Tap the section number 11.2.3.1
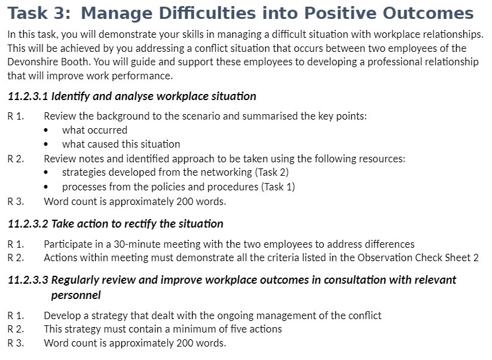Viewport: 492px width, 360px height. tap(28, 96)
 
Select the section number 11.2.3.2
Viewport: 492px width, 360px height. tap(28, 224)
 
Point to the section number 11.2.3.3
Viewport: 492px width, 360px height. tap(28, 280)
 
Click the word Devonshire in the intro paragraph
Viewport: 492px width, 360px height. tap(31, 62)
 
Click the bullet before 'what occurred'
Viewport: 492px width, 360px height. tap(49, 130)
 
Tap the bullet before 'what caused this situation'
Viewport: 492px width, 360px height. tap(49, 145)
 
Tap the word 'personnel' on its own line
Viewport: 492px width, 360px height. tap(76, 295)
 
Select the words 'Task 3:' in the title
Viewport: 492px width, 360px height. tap(39, 13)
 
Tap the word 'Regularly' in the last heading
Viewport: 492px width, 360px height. tap(76, 280)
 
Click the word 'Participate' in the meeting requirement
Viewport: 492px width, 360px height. tap(68, 244)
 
